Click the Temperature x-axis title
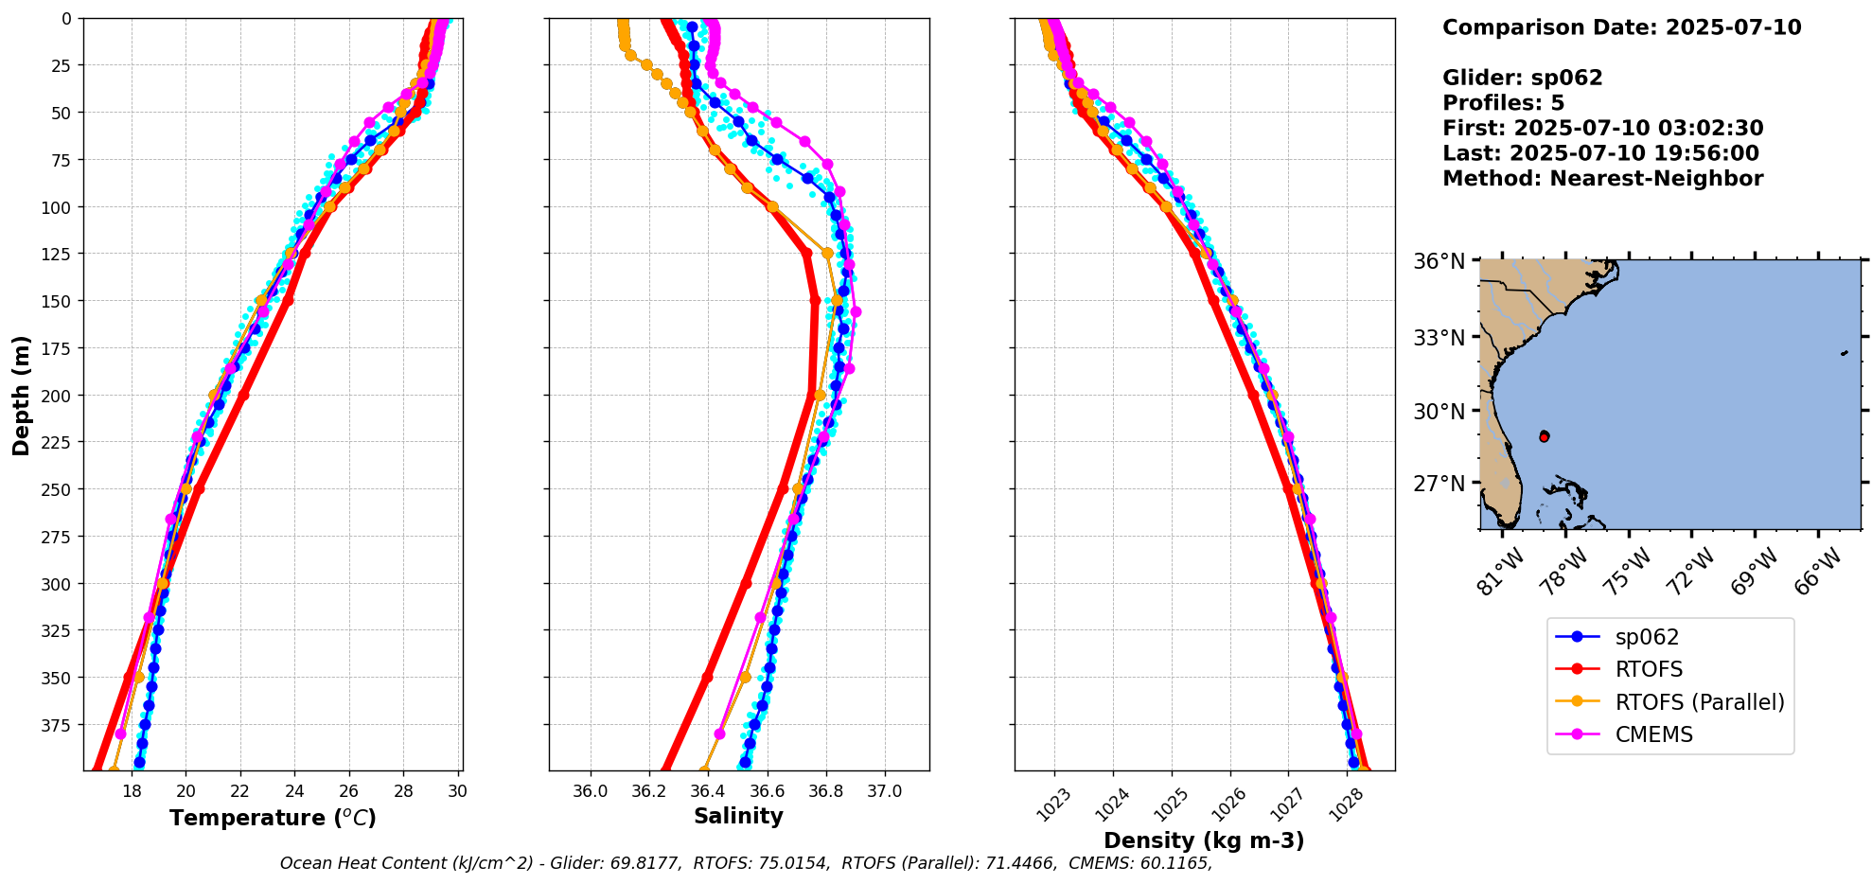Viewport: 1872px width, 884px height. point(273,818)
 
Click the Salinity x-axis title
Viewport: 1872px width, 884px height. point(738,816)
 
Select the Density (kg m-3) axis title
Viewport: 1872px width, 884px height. point(1204,840)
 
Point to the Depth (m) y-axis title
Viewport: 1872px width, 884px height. point(21,395)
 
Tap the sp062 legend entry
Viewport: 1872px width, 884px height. point(1647,638)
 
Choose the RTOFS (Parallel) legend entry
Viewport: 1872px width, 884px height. point(1699,702)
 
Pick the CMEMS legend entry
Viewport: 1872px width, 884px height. point(1653,734)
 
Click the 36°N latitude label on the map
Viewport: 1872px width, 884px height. point(1439,261)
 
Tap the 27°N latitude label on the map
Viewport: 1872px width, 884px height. point(1439,484)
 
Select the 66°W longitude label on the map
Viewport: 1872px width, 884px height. point(1818,571)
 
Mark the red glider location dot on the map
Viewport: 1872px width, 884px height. point(1544,436)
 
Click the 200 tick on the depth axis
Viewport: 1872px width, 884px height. point(58,396)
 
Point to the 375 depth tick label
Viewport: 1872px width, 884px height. point(58,725)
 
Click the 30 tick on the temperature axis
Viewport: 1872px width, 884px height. point(457,791)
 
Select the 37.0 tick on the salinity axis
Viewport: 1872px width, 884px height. point(885,791)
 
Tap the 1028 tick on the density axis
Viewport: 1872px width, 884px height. point(1345,804)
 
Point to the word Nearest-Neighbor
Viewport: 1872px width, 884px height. point(1656,179)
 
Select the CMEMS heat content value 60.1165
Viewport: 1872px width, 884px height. point(1170,863)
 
